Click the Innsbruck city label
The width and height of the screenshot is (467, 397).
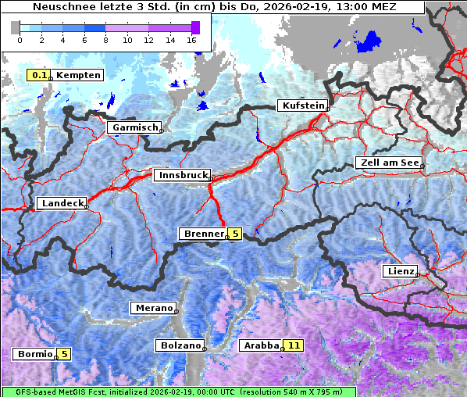[x=181, y=176]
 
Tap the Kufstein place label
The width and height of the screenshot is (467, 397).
[x=302, y=106]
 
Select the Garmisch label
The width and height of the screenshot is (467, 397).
[x=134, y=127]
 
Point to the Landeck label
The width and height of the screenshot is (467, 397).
[x=61, y=203]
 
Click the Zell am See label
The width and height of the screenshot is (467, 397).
[x=388, y=163]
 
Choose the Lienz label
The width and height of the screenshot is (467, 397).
[x=399, y=271]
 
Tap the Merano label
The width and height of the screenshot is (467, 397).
[x=153, y=308]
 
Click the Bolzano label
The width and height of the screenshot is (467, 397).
[x=180, y=345]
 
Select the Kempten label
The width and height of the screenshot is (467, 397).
[x=77, y=75]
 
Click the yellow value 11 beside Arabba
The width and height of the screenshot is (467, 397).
[x=294, y=345]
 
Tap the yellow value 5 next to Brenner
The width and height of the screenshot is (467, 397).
[x=235, y=234]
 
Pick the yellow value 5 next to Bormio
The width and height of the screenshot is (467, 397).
[x=64, y=354]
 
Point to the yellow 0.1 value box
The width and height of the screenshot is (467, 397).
[x=37, y=75]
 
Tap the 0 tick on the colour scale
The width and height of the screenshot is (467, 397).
[x=20, y=39]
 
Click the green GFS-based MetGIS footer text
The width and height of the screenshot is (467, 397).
[x=178, y=392]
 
